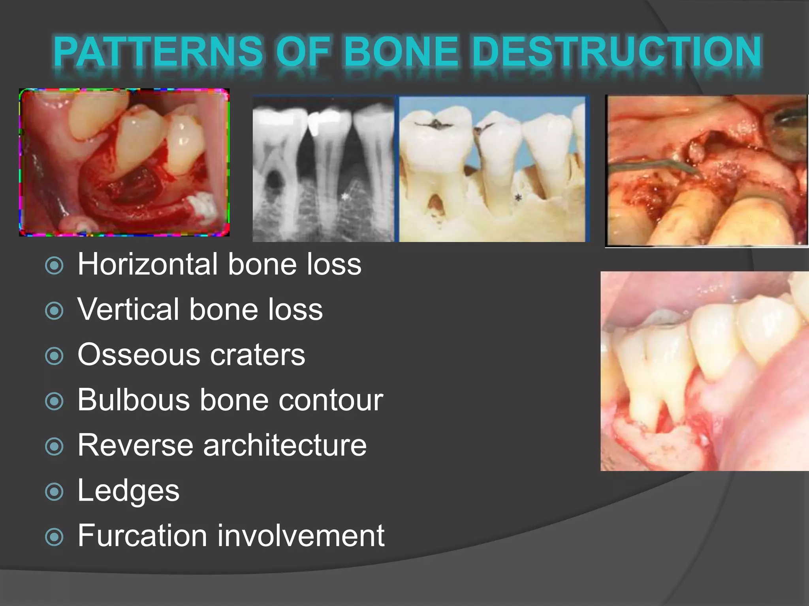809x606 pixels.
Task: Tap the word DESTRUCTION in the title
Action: click(616, 51)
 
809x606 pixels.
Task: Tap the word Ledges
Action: click(128, 491)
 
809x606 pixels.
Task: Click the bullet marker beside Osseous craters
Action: click(54, 356)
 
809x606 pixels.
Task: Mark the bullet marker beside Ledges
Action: click(54, 492)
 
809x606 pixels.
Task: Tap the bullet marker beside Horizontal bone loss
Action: click(54, 266)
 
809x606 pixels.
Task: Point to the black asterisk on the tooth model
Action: click(518, 198)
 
